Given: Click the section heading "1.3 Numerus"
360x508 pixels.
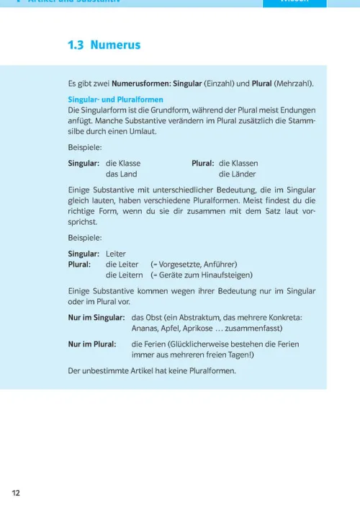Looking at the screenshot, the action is (x=104, y=45).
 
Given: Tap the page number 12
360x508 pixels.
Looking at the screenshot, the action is (x=16, y=493).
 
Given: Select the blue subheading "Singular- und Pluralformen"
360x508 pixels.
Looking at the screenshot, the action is (x=115, y=99).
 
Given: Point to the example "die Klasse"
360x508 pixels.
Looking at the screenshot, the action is (x=123, y=163).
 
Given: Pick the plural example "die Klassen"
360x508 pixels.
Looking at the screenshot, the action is (x=238, y=163).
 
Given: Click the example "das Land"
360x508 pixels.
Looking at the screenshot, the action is (x=121, y=174).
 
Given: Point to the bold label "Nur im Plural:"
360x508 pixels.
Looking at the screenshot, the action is (x=92, y=344).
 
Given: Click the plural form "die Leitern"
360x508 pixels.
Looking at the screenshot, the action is (x=124, y=275).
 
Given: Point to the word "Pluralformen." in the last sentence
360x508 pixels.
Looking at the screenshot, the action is (x=210, y=371).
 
